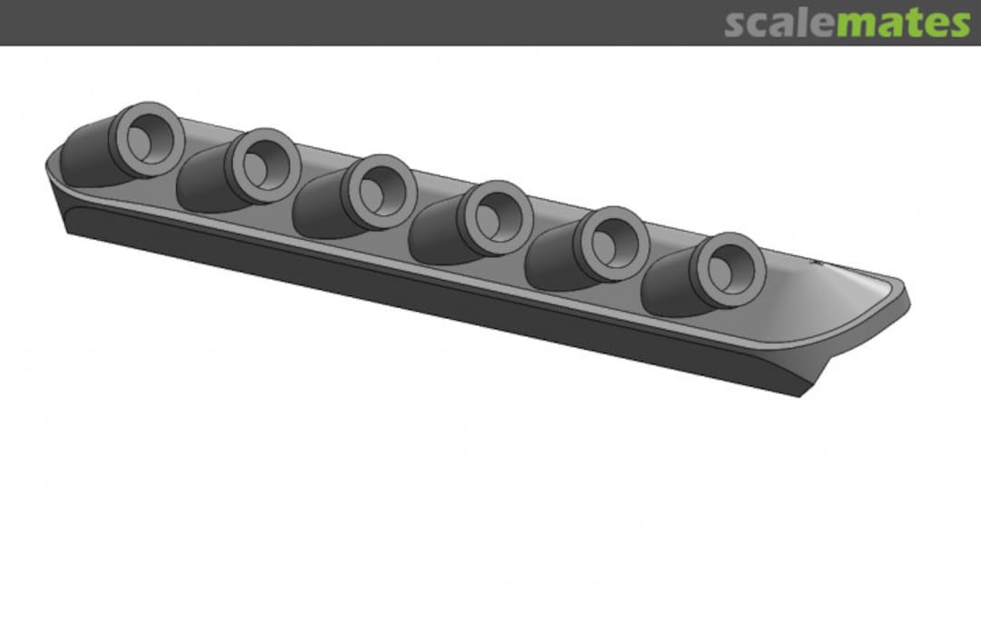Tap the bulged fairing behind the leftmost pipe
(87, 160)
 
